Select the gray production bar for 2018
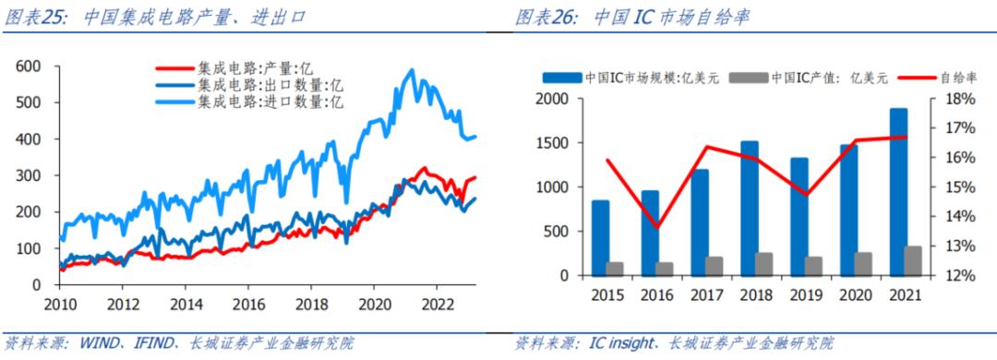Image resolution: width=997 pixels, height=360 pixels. point(763,264)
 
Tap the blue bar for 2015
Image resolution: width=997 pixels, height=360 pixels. point(600,237)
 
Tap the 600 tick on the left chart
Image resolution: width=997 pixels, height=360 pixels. point(30,66)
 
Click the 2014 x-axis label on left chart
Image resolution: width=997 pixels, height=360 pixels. point(186,303)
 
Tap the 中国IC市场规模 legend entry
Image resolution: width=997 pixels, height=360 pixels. point(638,78)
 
